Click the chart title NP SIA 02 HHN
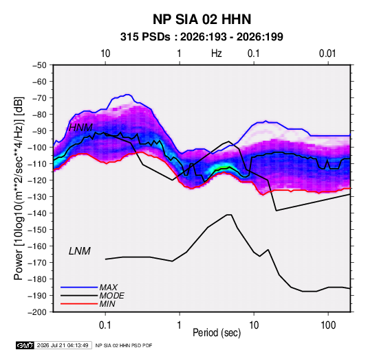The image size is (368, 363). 202,19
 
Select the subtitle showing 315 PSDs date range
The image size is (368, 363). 202,37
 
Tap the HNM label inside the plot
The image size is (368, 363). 80,128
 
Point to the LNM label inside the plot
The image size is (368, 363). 80,251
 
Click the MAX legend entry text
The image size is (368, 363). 108,288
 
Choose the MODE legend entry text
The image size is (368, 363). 111,296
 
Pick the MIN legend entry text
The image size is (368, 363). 107,304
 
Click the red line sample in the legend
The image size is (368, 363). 79,304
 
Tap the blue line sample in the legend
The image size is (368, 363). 79,287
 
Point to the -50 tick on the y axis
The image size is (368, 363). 39,65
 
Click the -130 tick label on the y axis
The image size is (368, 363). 37,197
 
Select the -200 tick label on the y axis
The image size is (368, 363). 37,312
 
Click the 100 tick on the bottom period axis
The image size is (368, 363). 328,325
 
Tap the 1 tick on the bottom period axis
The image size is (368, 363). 180,325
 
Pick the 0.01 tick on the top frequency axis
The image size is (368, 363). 327,54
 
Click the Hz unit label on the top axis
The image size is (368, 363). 217,54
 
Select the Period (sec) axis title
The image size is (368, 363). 217,333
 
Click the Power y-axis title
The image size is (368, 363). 19,189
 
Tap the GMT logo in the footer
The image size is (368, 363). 25,345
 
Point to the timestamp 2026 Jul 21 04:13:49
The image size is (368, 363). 63,345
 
